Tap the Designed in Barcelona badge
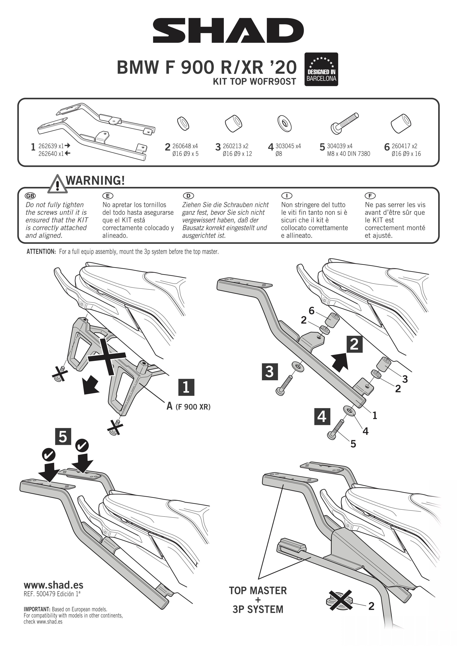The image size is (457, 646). pos(321,69)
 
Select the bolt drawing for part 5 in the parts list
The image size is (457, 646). pos(344,124)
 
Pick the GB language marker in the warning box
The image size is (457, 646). pos(30,196)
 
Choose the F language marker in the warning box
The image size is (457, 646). pos(370,196)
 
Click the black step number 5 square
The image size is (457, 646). pos(63,436)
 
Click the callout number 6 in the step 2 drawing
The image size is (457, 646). pos(311,311)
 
